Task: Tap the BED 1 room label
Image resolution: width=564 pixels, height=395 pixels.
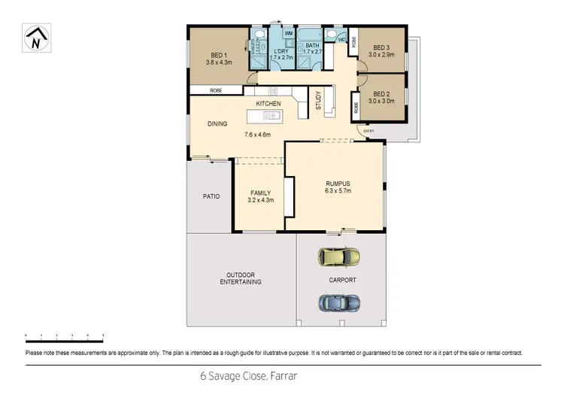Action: [x=219, y=55]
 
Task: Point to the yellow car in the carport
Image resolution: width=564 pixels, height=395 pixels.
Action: [x=339, y=257]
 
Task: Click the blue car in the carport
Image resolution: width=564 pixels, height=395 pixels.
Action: [x=339, y=302]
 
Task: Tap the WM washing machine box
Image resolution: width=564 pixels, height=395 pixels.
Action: [x=289, y=34]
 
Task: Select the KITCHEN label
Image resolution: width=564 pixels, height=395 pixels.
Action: [x=268, y=103]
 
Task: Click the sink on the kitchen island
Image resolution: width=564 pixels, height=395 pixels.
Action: [x=271, y=116]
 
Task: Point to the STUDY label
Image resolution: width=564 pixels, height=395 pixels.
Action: [x=318, y=101]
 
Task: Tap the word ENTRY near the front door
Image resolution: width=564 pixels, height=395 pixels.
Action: [x=368, y=132]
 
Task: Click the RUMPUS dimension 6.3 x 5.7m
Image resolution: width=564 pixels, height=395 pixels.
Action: [x=338, y=190]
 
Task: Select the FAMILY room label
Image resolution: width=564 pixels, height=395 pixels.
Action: [x=260, y=193]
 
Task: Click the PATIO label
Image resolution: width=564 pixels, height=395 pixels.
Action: [x=211, y=196]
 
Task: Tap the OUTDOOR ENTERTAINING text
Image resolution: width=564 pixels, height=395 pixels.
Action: [x=241, y=278]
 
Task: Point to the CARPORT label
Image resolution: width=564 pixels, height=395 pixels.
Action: [x=342, y=280]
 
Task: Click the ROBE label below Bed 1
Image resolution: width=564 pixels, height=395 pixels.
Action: [x=216, y=90]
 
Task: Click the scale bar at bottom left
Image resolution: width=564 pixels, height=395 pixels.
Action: [x=64, y=333]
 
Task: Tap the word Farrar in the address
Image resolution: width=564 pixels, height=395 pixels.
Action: [x=286, y=374]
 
